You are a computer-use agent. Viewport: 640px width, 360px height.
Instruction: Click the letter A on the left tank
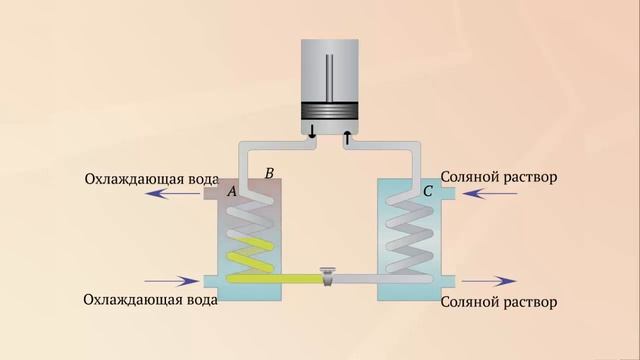(232, 191)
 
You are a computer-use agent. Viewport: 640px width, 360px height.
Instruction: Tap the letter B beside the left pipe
(268, 174)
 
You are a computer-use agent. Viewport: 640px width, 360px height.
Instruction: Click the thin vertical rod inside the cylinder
(331, 75)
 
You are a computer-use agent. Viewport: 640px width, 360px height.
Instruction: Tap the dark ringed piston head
(331, 112)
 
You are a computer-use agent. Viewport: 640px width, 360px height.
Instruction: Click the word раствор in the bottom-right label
(527, 301)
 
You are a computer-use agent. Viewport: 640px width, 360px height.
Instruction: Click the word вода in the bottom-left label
(186, 300)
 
